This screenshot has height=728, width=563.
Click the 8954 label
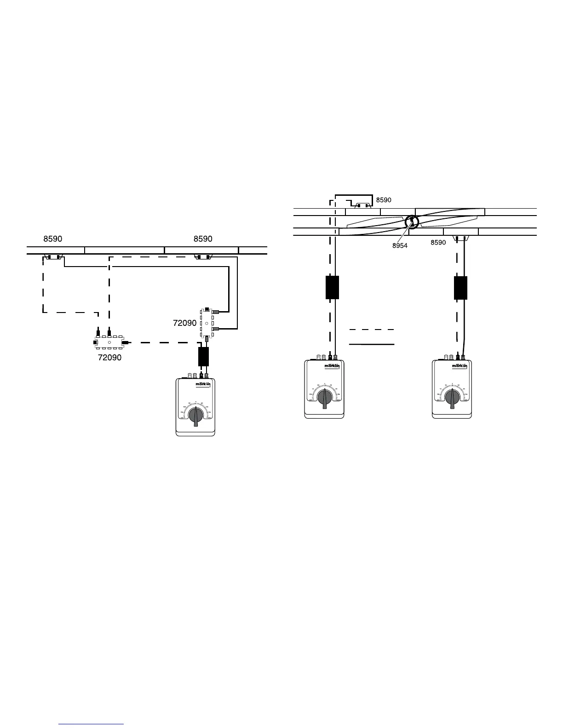400,246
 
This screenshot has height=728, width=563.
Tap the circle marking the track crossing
412,222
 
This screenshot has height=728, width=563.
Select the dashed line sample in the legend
372,330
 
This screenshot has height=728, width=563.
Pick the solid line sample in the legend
372,344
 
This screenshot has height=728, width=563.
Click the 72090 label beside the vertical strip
185,323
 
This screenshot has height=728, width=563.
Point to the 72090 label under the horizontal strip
110,358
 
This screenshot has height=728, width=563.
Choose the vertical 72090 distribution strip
207,323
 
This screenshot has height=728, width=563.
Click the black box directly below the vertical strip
203,357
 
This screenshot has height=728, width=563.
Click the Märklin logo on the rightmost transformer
460,366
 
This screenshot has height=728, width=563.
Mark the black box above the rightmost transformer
460,288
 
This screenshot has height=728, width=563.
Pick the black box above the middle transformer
332,287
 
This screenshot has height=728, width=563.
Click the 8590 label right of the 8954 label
438,243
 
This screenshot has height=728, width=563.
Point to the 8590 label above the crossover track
384,200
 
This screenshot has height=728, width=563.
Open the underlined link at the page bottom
92,724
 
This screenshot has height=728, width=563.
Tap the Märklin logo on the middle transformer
332,366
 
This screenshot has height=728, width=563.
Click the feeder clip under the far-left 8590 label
53,257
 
